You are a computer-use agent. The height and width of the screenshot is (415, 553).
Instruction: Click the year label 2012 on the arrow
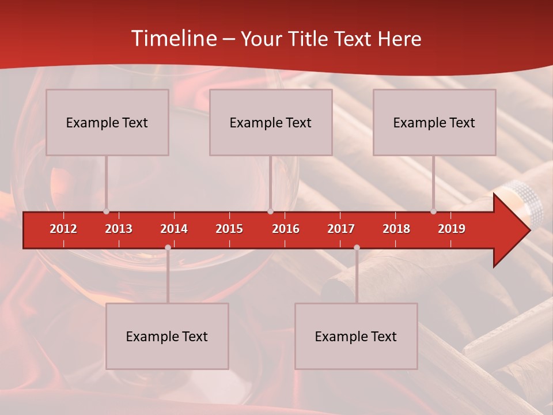pyautogui.click(x=63, y=229)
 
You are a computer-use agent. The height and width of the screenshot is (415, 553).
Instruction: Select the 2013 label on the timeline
pyautogui.click(x=119, y=229)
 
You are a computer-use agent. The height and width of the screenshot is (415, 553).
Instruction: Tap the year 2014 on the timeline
pyautogui.click(x=174, y=229)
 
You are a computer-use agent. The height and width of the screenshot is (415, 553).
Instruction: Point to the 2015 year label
pyautogui.click(x=229, y=229)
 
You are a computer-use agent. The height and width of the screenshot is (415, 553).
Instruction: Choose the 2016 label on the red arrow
pyautogui.click(x=286, y=229)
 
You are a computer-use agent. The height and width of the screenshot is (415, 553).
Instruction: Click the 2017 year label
pyautogui.click(x=341, y=229)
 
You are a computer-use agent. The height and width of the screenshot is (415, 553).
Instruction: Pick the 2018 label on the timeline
pyautogui.click(x=396, y=229)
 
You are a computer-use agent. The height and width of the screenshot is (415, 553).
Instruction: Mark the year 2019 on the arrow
pyautogui.click(x=452, y=229)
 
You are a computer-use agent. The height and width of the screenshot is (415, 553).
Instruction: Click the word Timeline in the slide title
pyautogui.click(x=173, y=39)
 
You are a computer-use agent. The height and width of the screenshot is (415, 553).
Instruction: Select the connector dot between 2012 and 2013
pyautogui.click(x=106, y=212)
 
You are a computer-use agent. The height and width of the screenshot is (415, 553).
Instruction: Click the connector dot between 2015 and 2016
pyautogui.click(x=270, y=212)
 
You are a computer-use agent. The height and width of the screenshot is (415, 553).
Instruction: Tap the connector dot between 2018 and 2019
pyautogui.click(x=434, y=212)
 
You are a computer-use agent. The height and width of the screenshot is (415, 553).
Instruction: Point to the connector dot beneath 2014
pyautogui.click(x=168, y=247)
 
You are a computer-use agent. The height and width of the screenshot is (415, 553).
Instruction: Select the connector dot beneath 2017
pyautogui.click(x=357, y=247)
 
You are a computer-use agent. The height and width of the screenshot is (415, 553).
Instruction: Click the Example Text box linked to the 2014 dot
pyautogui.click(x=167, y=337)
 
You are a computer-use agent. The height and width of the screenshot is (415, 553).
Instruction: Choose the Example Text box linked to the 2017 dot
pyautogui.click(x=356, y=337)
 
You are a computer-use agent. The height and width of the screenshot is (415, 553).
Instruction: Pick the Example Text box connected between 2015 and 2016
pyautogui.click(x=271, y=122)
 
